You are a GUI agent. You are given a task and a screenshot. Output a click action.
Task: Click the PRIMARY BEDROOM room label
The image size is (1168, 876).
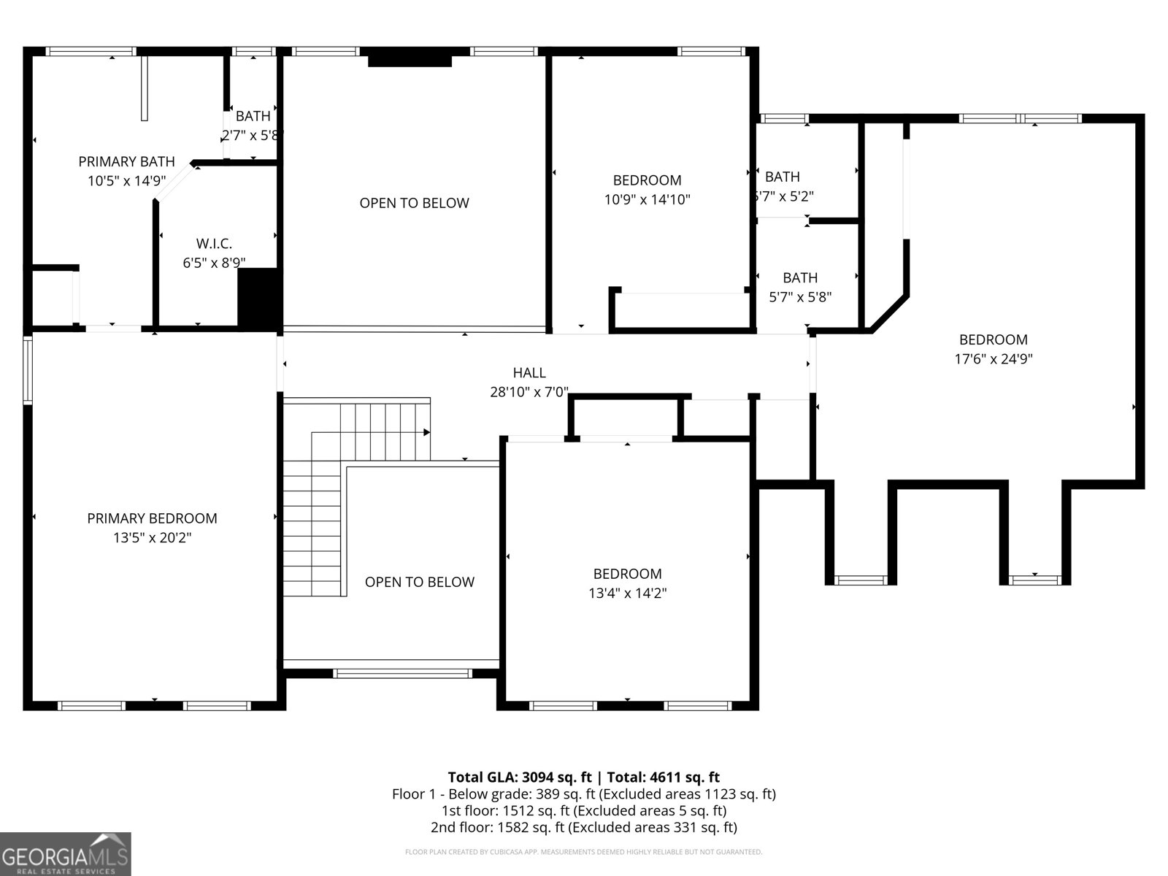pyautogui.click(x=152, y=518)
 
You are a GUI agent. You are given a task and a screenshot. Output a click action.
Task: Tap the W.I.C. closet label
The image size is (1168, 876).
pyautogui.click(x=214, y=244)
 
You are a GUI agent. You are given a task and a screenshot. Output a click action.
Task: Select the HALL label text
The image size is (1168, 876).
pyautogui.click(x=529, y=372)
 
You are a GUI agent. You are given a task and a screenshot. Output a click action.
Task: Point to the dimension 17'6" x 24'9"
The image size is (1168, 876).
pyautogui.click(x=993, y=359)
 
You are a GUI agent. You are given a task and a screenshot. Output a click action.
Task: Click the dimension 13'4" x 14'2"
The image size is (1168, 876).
pyautogui.click(x=627, y=593)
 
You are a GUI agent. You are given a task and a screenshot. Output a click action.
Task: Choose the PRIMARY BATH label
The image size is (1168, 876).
pyautogui.click(x=126, y=161)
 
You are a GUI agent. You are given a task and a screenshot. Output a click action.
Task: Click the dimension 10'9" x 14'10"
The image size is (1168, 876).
pyautogui.click(x=647, y=199)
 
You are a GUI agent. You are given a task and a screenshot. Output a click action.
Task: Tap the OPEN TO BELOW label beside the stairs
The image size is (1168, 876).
pyautogui.click(x=419, y=582)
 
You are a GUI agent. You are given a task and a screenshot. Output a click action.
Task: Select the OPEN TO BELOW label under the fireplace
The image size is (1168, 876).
pyautogui.click(x=414, y=203)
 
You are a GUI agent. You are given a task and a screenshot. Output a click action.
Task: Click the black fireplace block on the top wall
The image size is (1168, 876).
pyautogui.click(x=410, y=58)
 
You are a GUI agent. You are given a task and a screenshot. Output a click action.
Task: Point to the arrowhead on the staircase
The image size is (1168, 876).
pyautogui.click(x=426, y=432)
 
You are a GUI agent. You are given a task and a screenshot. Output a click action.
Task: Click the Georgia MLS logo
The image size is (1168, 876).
pyautogui.click(x=66, y=853)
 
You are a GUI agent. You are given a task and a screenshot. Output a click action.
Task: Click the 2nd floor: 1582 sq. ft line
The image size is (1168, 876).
pyautogui.click(x=583, y=827)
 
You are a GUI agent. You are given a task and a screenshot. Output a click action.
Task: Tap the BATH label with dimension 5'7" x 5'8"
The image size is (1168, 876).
pyautogui.click(x=800, y=277)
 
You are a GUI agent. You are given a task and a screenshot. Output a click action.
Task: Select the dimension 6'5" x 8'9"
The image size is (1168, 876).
pyautogui.click(x=214, y=263)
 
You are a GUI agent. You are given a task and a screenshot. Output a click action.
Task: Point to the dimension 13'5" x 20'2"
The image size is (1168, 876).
pyautogui.click(x=152, y=538)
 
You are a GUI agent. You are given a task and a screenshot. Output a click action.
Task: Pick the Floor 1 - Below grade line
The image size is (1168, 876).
pyautogui.click(x=583, y=794)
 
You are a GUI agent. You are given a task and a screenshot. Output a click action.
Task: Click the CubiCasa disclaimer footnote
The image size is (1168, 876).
pyautogui.click(x=583, y=852)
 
